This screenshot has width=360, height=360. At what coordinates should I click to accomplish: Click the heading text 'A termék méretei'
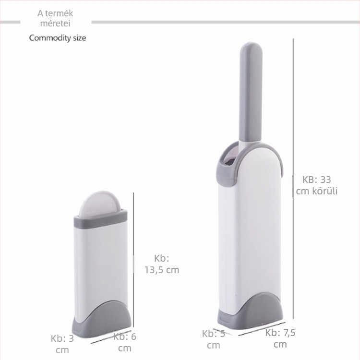[55, 18]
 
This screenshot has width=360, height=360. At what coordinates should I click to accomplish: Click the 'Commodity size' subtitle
[58, 37]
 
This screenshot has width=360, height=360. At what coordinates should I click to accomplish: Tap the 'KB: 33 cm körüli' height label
[317, 185]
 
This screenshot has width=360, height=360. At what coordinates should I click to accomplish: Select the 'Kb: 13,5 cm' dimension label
[162, 264]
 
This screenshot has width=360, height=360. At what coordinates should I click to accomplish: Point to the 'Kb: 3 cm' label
[62, 344]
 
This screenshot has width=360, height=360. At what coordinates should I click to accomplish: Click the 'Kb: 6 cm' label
[125, 342]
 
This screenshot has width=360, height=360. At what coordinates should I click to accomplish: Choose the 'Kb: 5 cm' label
[214, 339]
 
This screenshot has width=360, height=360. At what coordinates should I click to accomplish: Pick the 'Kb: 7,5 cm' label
[280, 338]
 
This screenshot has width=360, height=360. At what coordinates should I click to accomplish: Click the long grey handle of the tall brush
[251, 92]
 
